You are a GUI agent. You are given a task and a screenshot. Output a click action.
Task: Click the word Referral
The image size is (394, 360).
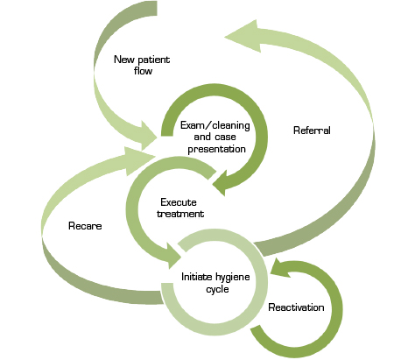click(312, 131)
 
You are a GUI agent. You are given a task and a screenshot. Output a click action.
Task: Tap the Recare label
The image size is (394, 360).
click(85, 226)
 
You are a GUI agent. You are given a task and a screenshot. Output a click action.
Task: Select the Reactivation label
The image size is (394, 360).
click(296, 307)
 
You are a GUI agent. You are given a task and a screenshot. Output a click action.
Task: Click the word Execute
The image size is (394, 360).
click(179, 202)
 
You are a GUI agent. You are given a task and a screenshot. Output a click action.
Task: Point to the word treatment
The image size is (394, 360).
click(180, 214)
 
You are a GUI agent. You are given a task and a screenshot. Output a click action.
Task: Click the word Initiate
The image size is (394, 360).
click(196, 277)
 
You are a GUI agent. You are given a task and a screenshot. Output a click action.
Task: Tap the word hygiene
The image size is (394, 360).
click(233, 278)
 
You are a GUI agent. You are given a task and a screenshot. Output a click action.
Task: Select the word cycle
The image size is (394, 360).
click(217, 289)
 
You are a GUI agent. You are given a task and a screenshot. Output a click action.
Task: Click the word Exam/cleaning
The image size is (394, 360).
click(215, 125)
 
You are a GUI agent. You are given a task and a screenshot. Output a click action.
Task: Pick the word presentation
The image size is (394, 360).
click(216, 149)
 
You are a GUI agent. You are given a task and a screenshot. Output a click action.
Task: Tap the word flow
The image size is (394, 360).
click(143, 71)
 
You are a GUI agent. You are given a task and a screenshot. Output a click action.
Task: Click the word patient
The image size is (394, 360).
click(154, 60)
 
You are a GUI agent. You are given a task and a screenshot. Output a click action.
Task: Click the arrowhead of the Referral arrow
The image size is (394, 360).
click(243, 36)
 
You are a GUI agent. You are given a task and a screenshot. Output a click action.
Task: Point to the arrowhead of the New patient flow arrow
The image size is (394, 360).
click(149, 136)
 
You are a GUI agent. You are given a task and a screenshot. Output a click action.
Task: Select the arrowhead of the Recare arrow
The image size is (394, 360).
click(139, 160)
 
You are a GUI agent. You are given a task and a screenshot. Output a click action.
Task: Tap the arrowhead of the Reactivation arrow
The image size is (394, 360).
click(280, 267)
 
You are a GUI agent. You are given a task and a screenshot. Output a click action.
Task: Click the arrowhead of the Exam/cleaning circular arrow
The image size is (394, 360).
click(220, 183)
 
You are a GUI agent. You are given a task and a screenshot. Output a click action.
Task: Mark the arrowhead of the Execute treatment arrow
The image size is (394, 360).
click(174, 256)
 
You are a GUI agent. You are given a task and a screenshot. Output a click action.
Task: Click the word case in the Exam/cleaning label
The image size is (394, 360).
click(226, 138)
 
